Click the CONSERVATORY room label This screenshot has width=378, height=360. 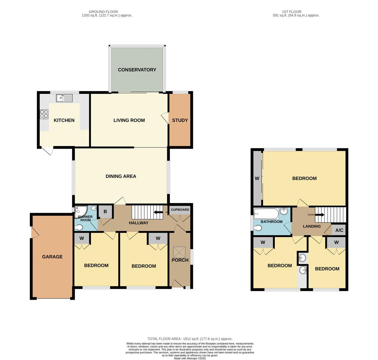pos(137,70)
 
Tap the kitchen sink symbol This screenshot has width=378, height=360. pos(64,98)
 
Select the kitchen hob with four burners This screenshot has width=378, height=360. pos(44,114)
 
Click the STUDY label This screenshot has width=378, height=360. pos(180,120)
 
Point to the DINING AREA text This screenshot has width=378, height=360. pos(121,176)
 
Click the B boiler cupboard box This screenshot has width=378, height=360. pos(105,212)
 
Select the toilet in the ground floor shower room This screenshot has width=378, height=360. pos(79,228)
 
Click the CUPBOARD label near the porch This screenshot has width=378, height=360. pos(180,210)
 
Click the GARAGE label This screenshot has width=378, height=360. pos(52,257)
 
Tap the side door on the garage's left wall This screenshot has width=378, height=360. pos(34,232)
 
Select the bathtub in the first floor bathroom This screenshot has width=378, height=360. pos(266,213)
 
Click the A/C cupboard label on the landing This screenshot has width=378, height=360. pos(339,230)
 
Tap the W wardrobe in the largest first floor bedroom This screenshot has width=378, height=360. pos(257,179)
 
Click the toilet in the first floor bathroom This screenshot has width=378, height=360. pos(258,228)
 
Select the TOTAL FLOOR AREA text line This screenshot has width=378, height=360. pos(190,339)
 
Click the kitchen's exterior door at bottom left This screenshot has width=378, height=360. pos(47,151)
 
